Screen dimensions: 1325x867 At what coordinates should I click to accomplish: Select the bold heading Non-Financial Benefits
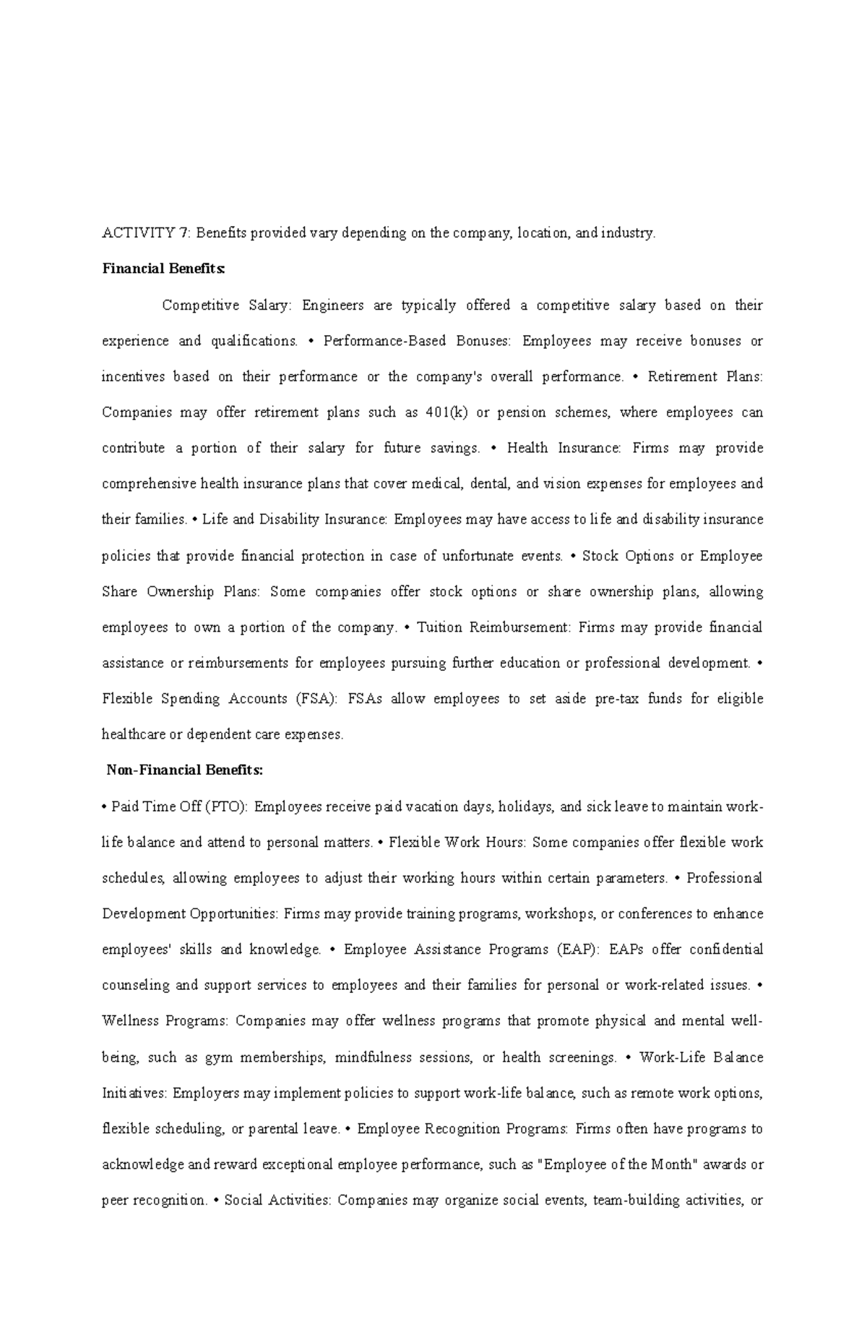tap(185, 770)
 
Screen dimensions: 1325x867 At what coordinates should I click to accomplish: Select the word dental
tap(490, 484)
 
